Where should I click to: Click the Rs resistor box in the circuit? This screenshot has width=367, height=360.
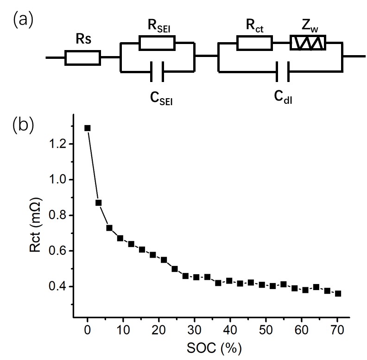(82, 57)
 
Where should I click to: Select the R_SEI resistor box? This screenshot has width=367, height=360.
(157, 43)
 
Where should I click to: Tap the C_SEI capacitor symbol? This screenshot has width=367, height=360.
(157, 72)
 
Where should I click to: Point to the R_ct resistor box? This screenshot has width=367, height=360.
(254, 43)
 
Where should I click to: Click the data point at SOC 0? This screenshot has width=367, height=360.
(88, 128)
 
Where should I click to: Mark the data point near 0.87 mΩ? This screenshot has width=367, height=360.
(98, 203)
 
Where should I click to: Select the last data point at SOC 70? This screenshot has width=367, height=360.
(338, 293)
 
